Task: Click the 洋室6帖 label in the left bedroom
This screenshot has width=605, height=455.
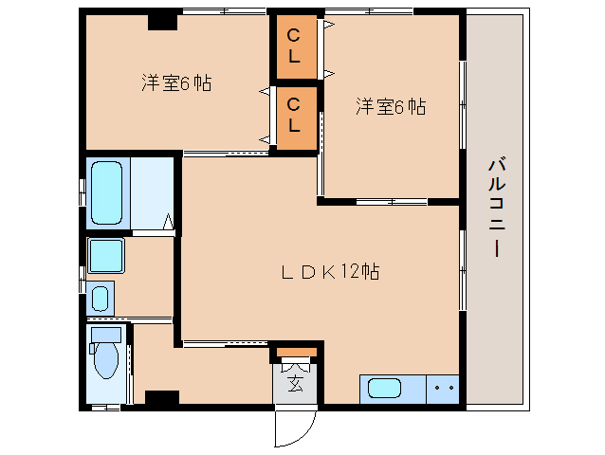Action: click(x=175, y=83)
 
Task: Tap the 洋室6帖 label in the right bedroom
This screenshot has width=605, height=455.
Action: click(x=391, y=106)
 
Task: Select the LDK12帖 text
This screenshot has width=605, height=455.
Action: click(x=329, y=272)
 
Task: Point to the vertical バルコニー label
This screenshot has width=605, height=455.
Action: click(x=495, y=209)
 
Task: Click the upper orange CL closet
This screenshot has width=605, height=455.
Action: click(x=294, y=46)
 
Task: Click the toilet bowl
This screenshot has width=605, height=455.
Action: click(x=104, y=361)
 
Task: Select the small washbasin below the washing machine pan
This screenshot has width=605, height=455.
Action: click(x=101, y=299)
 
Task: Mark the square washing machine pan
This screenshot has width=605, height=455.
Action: click(x=105, y=255)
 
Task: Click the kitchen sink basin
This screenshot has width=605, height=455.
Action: click(x=384, y=389)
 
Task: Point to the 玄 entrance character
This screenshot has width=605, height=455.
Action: click(x=296, y=384)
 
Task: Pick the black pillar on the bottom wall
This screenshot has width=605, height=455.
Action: click(x=161, y=398)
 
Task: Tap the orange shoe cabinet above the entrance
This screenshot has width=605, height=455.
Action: click(x=296, y=354)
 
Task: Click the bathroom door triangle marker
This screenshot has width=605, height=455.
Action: click(x=169, y=224)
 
